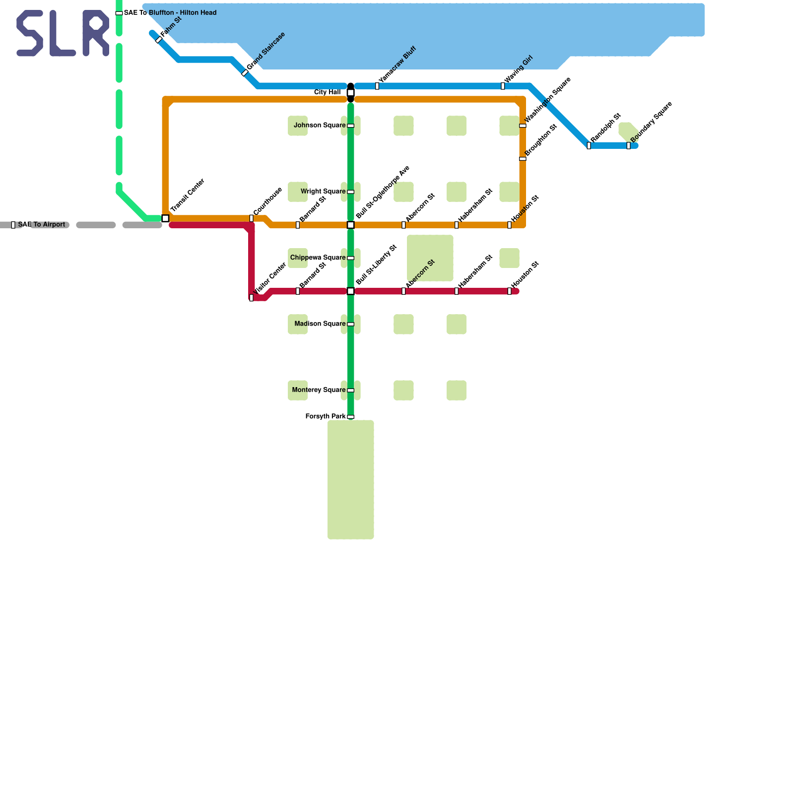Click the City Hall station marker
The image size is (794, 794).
point(350,93)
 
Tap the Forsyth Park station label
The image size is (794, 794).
point(325,416)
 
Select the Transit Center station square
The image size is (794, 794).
point(165,218)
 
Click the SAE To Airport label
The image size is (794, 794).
point(42,225)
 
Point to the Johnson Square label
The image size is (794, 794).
point(319,126)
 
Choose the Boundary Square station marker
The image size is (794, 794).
point(628,145)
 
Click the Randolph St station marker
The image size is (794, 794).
point(589,145)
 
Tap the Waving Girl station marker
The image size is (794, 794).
point(503,86)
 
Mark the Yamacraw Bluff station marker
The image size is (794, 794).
point(377,86)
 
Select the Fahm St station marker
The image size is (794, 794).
point(159,40)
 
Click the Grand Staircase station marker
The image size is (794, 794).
point(245,73)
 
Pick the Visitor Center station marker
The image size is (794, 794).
point(251,298)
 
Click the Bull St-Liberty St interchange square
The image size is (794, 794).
point(350,291)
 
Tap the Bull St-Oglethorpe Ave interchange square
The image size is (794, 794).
point(350,225)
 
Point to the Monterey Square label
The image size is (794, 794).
point(319,390)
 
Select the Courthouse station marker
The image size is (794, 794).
point(251,218)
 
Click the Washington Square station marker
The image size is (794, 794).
point(523,126)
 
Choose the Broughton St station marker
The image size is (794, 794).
point(523,159)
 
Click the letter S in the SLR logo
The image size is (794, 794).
point(30,33)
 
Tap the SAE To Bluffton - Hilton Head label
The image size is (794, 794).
point(170,13)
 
